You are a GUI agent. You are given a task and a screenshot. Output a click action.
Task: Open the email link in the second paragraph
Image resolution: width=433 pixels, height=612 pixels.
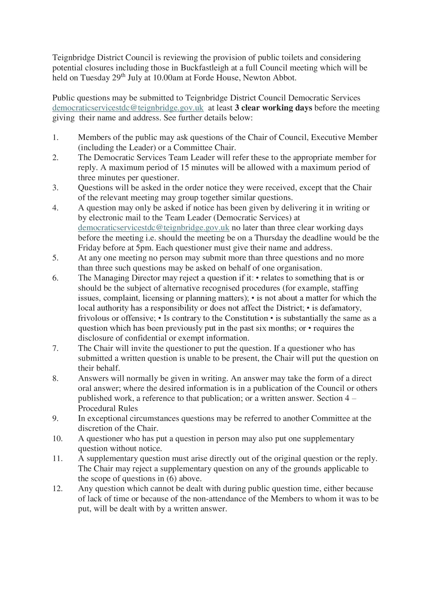(x=128, y=108)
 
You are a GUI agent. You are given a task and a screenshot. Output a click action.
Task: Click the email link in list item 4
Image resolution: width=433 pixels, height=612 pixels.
(x=154, y=228)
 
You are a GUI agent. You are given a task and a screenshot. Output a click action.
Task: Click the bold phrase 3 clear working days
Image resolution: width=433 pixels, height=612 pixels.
(x=274, y=108)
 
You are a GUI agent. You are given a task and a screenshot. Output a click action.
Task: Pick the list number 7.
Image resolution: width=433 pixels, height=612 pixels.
(x=55, y=348)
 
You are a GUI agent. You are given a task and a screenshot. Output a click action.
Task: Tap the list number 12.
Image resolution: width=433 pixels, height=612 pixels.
(x=58, y=489)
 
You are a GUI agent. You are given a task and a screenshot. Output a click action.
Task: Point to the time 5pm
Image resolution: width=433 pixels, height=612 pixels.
(x=144, y=248)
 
